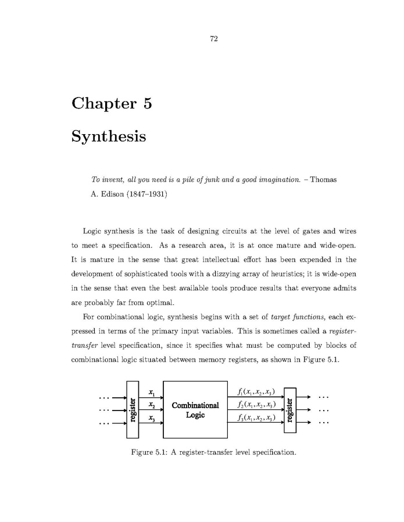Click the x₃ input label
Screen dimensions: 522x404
tap(151, 417)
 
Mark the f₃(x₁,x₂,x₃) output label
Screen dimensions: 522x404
tap(253, 417)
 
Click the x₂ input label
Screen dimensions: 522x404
tap(151, 405)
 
